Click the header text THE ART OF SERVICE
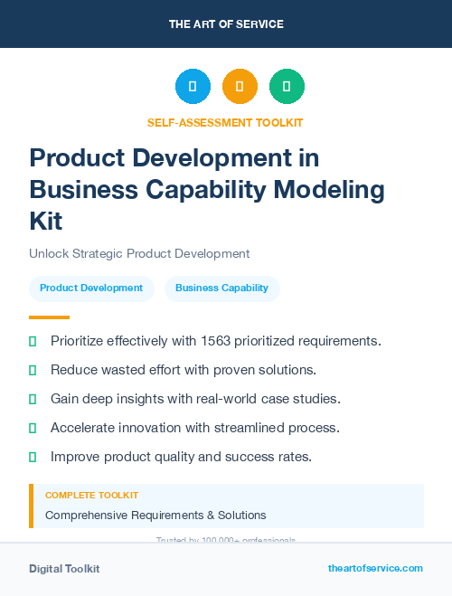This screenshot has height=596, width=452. [226, 24]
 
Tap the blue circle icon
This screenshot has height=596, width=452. [193, 87]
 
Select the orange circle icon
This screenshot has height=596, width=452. [240, 87]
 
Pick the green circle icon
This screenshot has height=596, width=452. [287, 87]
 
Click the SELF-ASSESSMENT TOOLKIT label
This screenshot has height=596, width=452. [225, 122]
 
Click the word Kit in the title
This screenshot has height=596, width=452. [46, 222]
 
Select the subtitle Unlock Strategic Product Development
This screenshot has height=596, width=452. [139, 253]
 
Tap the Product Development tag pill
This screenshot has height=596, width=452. [91, 288]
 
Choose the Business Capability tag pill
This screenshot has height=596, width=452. [221, 288]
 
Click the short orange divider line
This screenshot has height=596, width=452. [49, 317]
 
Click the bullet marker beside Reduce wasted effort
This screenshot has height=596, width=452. [33, 370]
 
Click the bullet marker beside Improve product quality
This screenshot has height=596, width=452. [33, 457]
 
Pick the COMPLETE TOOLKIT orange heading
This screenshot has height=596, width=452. [91, 496]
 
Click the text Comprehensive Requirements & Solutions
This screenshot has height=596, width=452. [155, 516]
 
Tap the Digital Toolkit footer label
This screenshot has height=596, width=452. [64, 569]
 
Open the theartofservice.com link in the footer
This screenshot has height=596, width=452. [375, 568]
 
